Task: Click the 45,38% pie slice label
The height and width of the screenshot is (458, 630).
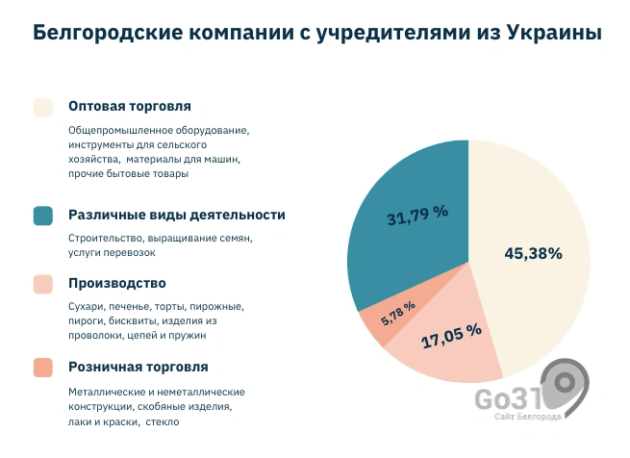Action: [x=533, y=254]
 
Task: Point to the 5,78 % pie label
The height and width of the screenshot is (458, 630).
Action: [x=398, y=314]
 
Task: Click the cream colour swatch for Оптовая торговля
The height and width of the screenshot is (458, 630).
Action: [x=42, y=107]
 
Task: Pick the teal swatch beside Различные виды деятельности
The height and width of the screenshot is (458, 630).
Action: [x=42, y=216]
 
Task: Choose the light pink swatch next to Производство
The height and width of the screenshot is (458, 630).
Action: [x=42, y=284]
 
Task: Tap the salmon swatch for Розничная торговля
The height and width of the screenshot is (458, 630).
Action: [x=42, y=368]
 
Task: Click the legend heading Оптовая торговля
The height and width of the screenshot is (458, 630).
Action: [x=130, y=106]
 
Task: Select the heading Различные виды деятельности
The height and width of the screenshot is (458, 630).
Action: [x=176, y=215]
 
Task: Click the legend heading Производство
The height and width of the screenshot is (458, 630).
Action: [x=117, y=283]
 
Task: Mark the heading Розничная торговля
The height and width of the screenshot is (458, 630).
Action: [x=138, y=367]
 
